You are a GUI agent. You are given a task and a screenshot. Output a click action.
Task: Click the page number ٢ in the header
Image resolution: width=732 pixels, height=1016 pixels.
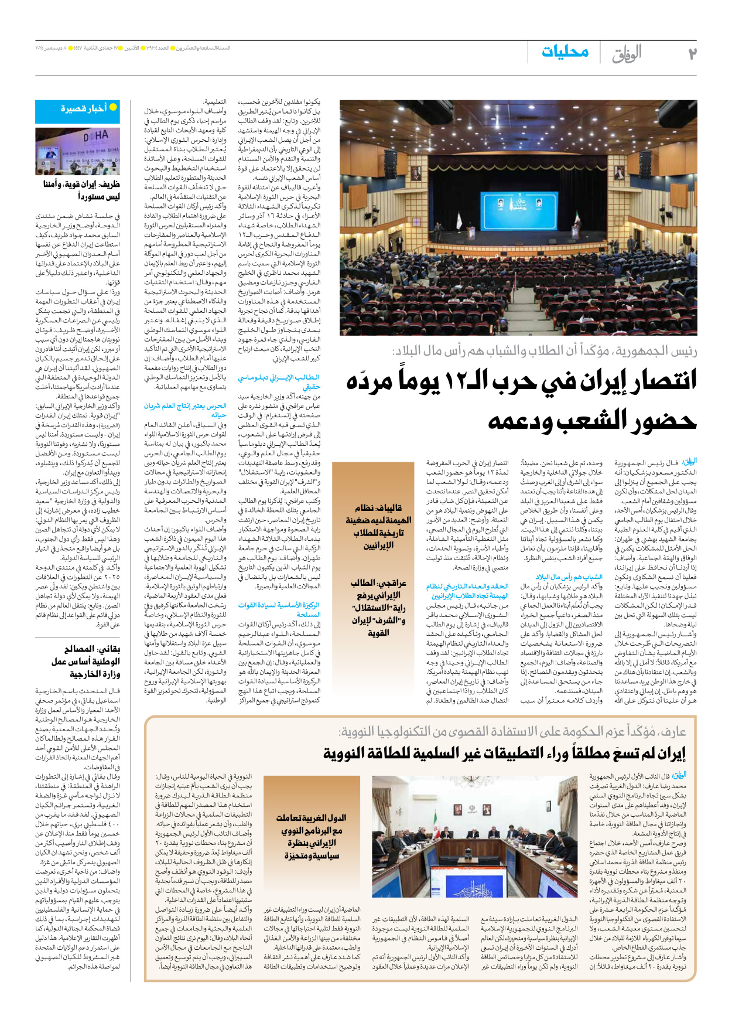tap(692, 54)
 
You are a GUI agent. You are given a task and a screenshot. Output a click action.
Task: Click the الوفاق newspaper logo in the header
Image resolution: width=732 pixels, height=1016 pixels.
tap(627, 54)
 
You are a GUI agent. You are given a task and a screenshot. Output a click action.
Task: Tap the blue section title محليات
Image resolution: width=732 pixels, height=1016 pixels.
tap(565, 52)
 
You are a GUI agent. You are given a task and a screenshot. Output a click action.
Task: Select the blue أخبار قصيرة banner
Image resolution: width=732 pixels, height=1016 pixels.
tap(85, 109)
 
